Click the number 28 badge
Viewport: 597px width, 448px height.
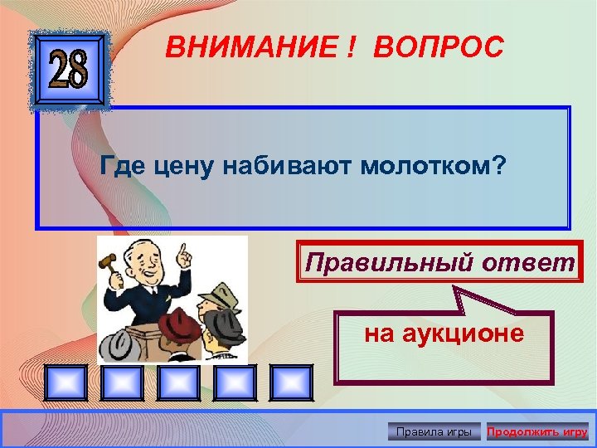tap(70, 71)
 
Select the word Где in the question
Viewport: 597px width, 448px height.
tap(124, 167)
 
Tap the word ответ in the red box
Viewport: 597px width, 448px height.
tap(530, 263)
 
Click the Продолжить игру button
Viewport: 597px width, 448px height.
tap(537, 431)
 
